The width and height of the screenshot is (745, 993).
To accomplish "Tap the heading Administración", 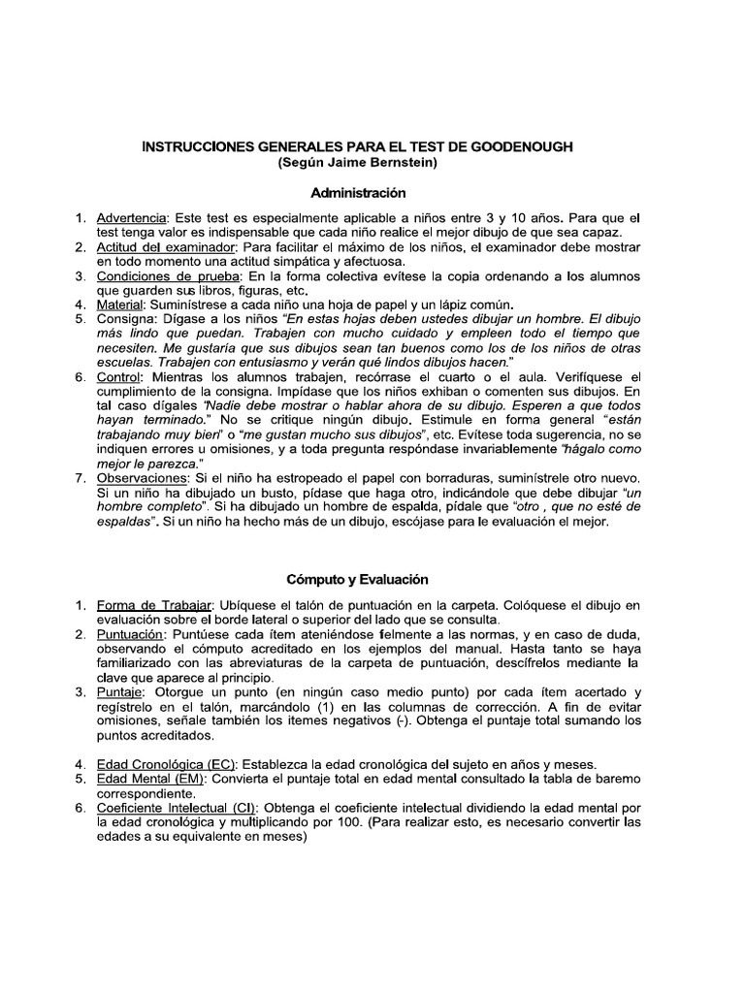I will click(x=358, y=193).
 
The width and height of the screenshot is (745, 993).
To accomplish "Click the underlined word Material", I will click(x=119, y=305).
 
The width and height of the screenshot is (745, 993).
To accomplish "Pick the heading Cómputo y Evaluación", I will click(x=357, y=579).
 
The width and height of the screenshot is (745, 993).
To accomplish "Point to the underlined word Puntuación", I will click(x=131, y=634).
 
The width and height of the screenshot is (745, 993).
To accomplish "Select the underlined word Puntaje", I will click(x=122, y=691).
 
